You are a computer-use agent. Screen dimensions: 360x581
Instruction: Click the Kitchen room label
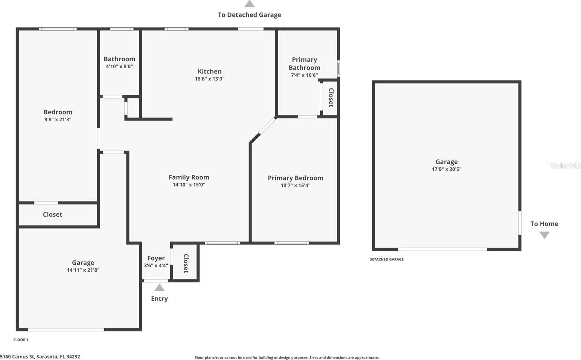click(x=210, y=71)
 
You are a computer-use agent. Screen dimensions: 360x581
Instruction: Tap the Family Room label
click(x=189, y=177)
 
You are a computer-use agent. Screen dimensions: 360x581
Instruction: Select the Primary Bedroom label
click(x=295, y=178)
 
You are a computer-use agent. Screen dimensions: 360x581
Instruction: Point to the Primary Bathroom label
click(x=304, y=63)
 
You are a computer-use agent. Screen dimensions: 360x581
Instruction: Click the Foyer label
click(x=156, y=258)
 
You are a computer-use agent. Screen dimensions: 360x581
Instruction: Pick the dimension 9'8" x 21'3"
click(x=58, y=120)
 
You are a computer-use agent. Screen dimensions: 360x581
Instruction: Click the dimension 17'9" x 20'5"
click(x=446, y=169)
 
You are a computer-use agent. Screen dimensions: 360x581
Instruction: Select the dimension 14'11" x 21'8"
click(x=83, y=270)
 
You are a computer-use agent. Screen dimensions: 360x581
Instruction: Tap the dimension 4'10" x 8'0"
click(x=119, y=66)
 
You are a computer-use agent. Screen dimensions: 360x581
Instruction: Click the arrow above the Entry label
click(x=159, y=287)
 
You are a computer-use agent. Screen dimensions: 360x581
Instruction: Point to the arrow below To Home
click(x=544, y=235)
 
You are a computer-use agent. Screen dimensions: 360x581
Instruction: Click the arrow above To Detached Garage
click(x=249, y=4)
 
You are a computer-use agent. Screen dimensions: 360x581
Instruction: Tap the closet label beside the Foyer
click(x=186, y=263)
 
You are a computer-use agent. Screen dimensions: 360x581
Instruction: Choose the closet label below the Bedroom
click(x=52, y=215)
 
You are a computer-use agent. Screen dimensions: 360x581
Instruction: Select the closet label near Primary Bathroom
click(x=331, y=98)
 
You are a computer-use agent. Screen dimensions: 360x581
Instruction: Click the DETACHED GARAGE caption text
click(x=386, y=259)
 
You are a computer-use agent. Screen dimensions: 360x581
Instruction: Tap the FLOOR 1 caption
click(x=21, y=340)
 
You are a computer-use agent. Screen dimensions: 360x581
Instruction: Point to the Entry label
click(x=159, y=299)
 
